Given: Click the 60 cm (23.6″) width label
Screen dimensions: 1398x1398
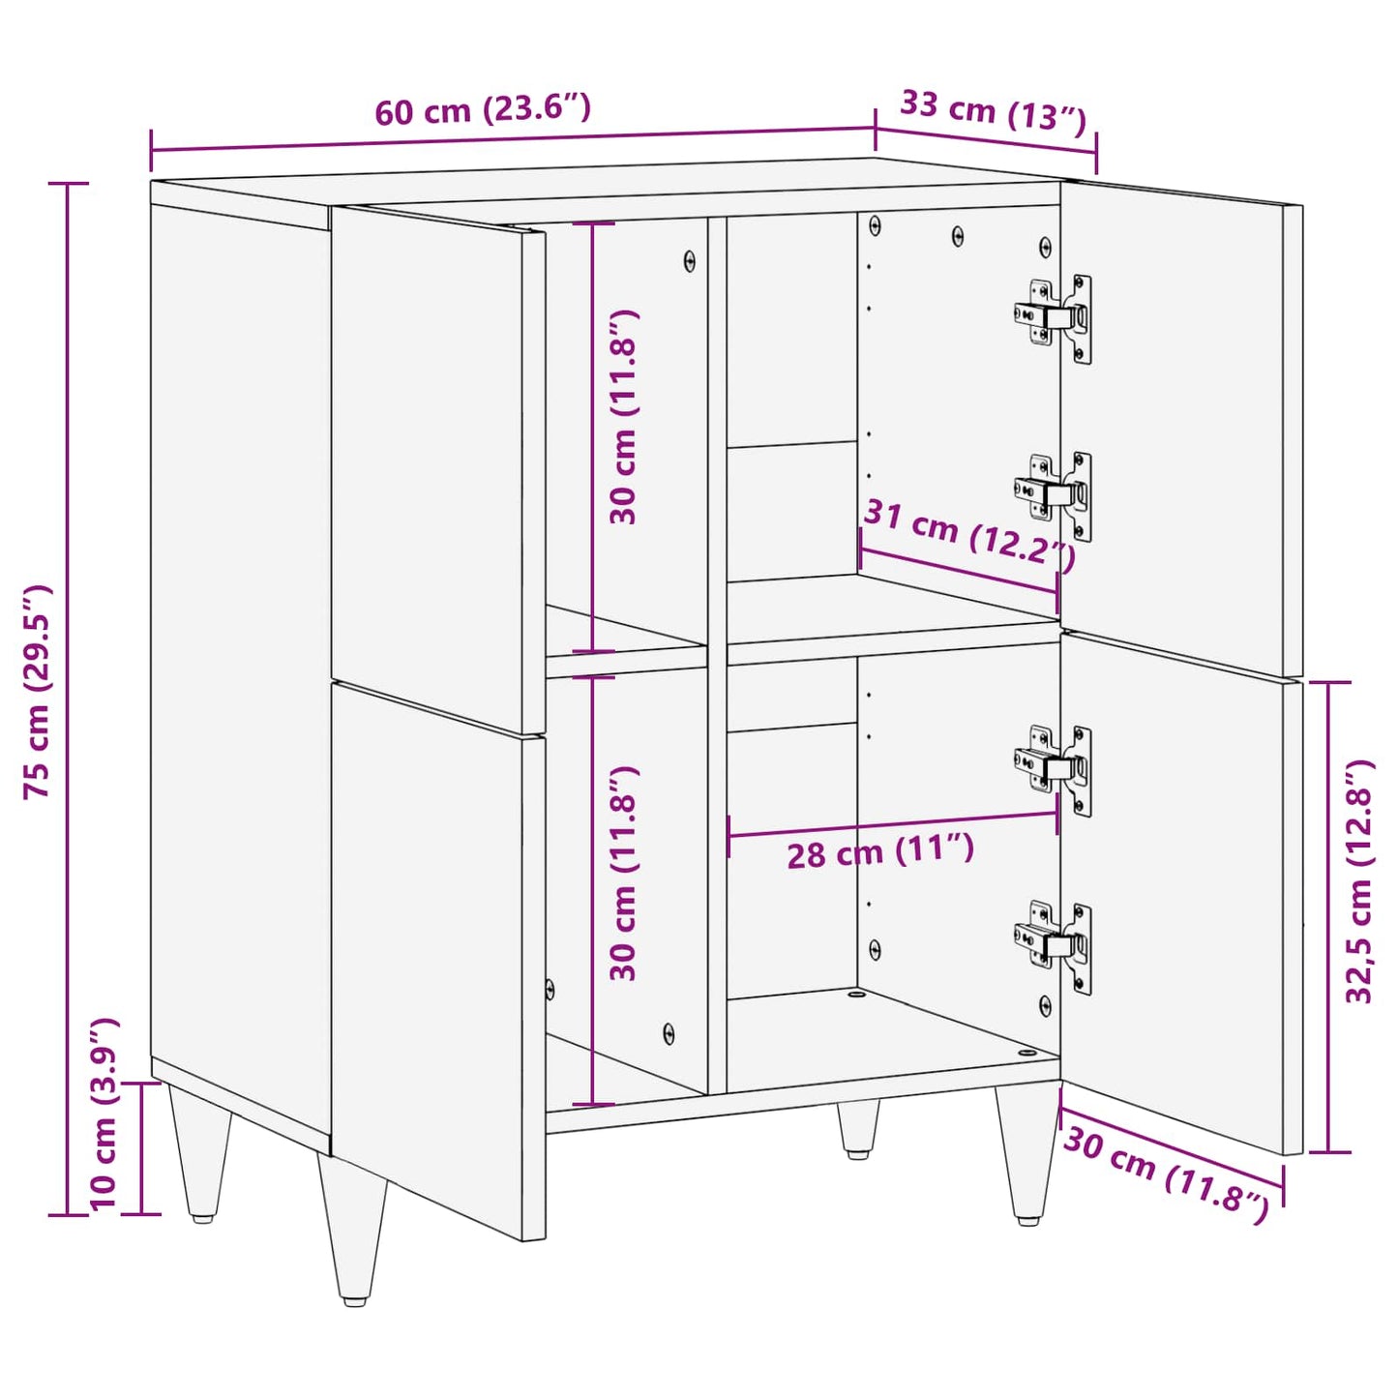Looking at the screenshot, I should pos(482,109).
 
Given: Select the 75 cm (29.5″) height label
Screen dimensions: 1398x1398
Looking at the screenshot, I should pos(38,691).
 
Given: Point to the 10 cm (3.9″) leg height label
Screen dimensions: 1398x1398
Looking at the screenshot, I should pos(104,1114).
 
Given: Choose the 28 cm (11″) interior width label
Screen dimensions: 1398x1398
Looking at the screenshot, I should pos(879,852).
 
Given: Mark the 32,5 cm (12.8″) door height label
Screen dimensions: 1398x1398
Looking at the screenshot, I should pos(1359,880).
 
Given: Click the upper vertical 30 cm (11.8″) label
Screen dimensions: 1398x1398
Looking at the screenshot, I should pos(624,417).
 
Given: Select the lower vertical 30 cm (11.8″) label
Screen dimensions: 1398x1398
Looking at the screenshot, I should pos(624,873).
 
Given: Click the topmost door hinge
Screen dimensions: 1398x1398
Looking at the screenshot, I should pos(1055,316).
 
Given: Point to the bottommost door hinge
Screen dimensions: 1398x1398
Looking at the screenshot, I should pos(1055,944).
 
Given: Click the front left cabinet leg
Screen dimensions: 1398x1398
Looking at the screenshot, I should pos(353,1229).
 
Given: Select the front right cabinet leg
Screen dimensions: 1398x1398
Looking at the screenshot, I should pos(1027,1151).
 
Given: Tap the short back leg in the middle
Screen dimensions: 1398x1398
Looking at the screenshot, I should pos(858,1127).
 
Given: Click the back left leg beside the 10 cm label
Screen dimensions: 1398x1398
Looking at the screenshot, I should pos(201,1151).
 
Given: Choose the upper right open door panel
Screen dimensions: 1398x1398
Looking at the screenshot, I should pos(1180,426).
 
